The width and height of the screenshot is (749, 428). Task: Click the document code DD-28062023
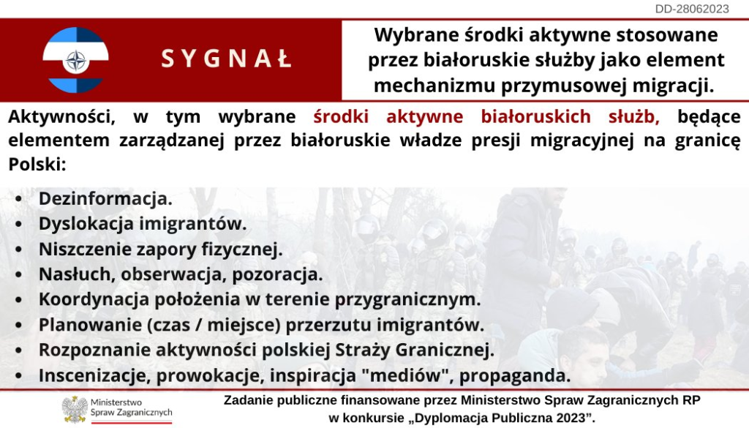click(x=692, y=9)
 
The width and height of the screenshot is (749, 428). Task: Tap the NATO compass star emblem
click(x=76, y=61)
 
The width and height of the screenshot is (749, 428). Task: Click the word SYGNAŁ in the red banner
click(x=227, y=59)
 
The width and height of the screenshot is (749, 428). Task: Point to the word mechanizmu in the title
click(x=433, y=86)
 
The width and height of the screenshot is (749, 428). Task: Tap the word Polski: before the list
click(x=37, y=164)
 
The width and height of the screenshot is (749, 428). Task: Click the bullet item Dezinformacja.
click(x=105, y=199)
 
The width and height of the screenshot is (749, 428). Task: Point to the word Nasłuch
click(x=77, y=274)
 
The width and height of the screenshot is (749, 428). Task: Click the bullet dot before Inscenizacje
click(x=18, y=375)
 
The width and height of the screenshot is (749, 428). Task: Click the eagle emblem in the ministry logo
click(x=75, y=410)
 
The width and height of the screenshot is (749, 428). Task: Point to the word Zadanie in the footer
click(x=244, y=400)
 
